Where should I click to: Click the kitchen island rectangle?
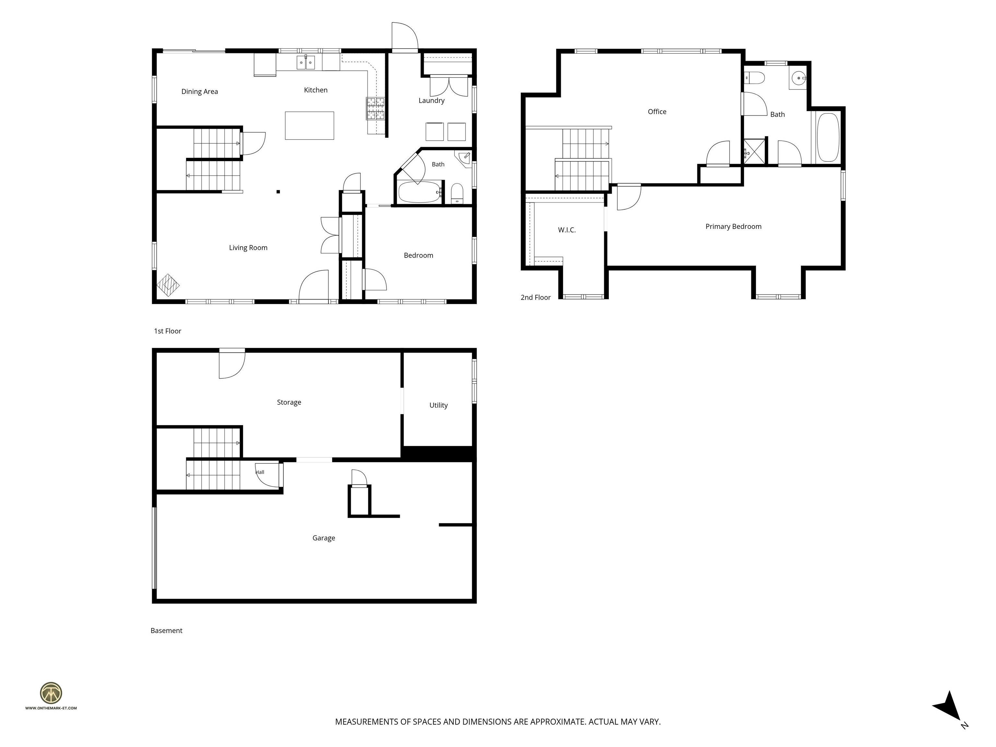[309, 125]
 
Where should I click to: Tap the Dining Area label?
[199, 91]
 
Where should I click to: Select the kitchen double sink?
[306, 63]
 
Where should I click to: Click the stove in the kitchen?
[375, 109]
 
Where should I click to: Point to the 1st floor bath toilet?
[457, 193]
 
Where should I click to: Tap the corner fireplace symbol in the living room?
[168, 285]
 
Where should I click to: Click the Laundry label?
[431, 101]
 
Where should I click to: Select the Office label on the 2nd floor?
[657, 112]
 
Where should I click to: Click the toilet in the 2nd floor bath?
[754, 78]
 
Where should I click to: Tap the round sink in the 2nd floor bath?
[799, 78]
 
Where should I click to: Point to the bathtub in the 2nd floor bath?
[828, 137]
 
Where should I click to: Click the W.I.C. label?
[567, 230]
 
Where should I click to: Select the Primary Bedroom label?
[733, 227]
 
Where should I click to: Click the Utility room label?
[439, 405]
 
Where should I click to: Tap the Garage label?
[324, 538]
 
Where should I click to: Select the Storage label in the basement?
[289, 403]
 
